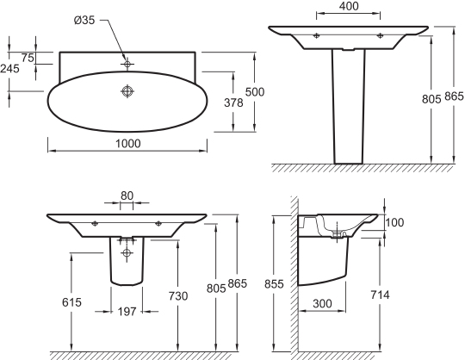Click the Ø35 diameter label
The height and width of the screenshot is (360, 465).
pyautogui.click(x=84, y=20)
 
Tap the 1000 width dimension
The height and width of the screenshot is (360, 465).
pyautogui.click(x=127, y=144)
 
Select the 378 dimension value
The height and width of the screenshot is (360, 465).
pyautogui.click(x=233, y=102)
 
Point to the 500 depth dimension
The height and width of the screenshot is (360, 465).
pyautogui.click(x=255, y=92)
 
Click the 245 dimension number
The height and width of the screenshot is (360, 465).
pyautogui.click(x=9, y=69)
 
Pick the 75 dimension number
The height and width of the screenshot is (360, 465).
pyautogui.click(x=28, y=58)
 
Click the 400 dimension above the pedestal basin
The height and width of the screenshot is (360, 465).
pyautogui.click(x=349, y=6)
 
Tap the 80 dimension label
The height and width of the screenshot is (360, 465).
pyautogui.click(x=127, y=196)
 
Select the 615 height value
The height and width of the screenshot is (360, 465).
pyautogui.click(x=71, y=302)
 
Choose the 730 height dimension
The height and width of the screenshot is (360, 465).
pyautogui.click(x=178, y=296)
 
